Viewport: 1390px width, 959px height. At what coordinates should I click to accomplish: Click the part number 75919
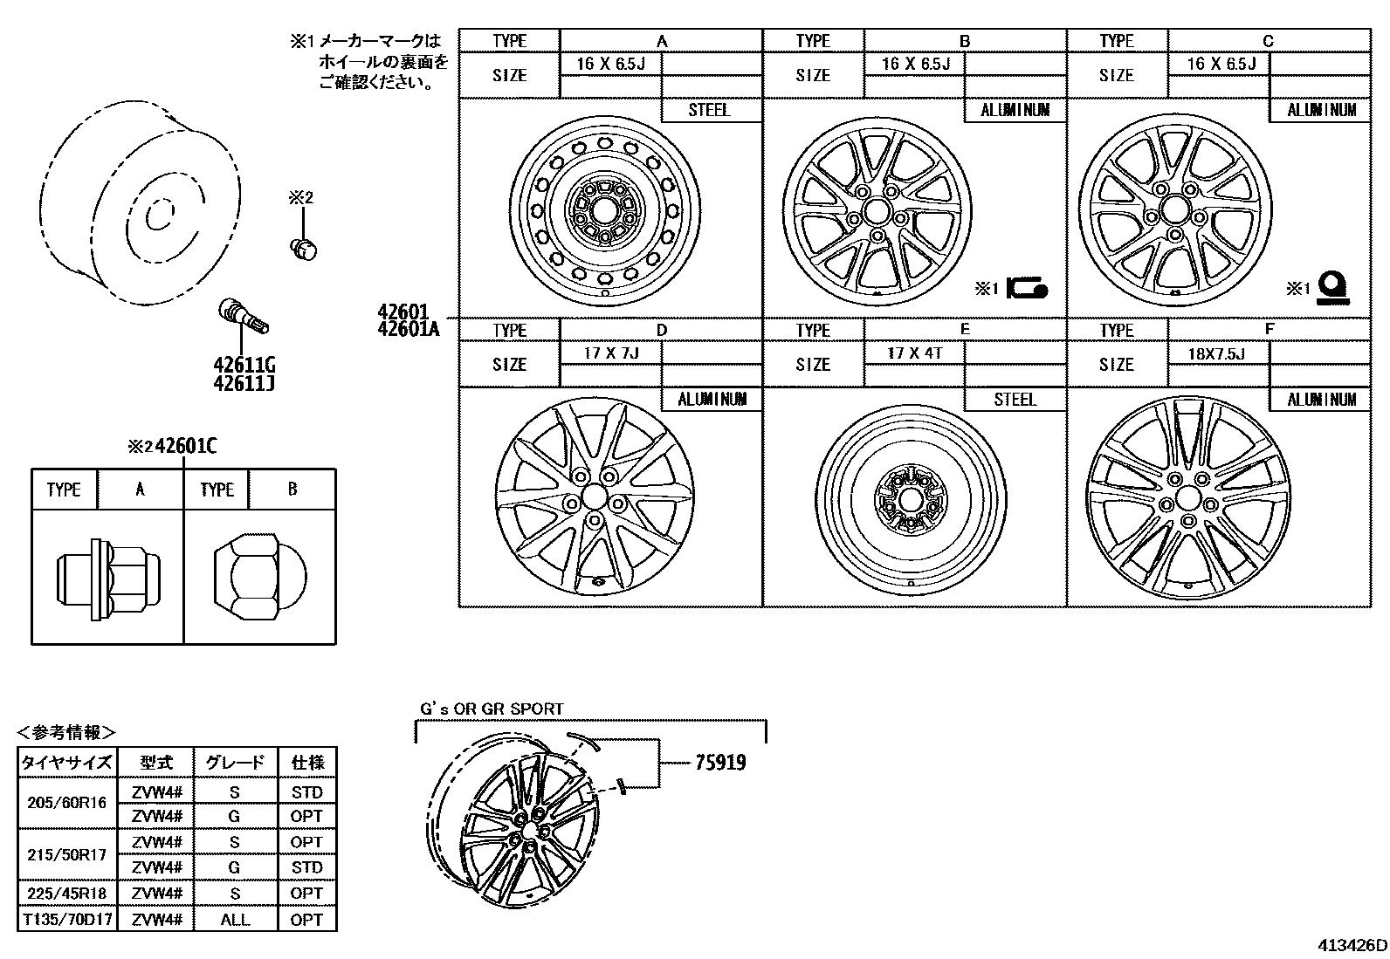(720, 763)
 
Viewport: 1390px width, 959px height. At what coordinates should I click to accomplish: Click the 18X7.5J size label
(1216, 353)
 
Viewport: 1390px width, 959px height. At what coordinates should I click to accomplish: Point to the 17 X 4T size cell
(913, 353)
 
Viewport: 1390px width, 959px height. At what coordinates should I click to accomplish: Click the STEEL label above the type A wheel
(709, 110)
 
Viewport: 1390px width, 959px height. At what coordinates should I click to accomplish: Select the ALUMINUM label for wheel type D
(712, 399)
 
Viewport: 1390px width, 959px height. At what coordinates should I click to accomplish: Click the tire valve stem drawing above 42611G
(243, 316)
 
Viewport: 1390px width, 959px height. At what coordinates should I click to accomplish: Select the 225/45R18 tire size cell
(65, 893)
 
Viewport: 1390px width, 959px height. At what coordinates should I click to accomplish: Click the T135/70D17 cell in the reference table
(65, 919)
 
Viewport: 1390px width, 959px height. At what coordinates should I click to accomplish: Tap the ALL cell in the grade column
(234, 919)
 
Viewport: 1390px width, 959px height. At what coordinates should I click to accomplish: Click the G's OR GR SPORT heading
(492, 709)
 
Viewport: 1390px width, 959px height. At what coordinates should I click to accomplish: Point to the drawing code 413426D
(1352, 945)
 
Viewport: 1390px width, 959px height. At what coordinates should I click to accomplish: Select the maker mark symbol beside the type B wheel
(1027, 288)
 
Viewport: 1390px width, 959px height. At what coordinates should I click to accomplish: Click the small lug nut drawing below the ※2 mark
(303, 248)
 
